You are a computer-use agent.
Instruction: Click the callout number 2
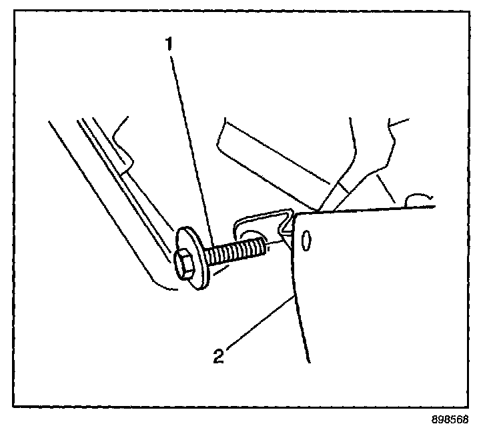pos(218,355)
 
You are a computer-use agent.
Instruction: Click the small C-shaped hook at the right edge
pos(419,198)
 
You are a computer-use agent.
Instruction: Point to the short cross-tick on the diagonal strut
pos(341,189)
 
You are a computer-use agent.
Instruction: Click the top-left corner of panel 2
pos(296,215)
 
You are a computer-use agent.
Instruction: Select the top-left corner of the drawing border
pos(15,11)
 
